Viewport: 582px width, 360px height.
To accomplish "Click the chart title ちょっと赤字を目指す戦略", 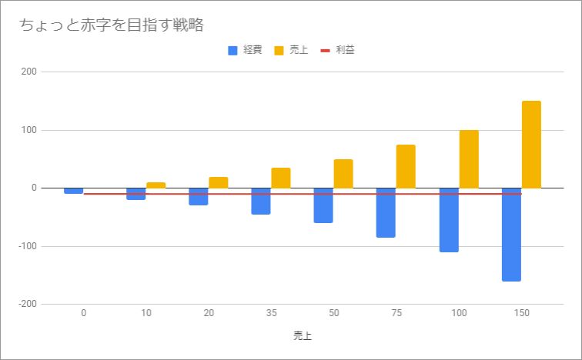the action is (112, 25).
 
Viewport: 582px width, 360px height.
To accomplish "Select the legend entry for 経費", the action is (245, 50).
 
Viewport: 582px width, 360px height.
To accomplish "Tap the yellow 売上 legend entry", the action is (291, 50).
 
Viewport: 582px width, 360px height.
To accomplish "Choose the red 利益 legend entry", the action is (337, 50).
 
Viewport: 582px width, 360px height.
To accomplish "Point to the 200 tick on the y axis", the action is (29, 72).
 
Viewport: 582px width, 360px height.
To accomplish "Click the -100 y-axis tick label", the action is (28, 246).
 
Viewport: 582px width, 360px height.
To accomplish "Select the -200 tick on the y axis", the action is (28, 304).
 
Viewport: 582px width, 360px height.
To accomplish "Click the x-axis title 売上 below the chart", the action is (303, 336).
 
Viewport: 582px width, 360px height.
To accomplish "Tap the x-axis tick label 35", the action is (271, 313).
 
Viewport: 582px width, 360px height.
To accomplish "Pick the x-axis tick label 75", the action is (396, 313).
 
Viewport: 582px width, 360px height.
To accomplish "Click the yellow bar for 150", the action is (531, 145).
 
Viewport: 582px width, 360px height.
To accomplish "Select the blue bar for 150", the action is (511, 235).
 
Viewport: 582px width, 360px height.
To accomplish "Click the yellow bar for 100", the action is (469, 159).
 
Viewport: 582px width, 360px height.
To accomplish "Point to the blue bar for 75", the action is (386, 213).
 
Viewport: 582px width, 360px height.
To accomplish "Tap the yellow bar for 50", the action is (343, 174).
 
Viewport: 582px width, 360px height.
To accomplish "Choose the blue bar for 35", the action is (261, 202).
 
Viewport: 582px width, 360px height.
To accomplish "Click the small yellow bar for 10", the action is (156, 185).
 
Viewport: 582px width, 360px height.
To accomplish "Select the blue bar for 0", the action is (73, 191).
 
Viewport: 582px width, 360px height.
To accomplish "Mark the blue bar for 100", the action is (449, 220).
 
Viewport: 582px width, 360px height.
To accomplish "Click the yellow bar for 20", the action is (219, 183).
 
